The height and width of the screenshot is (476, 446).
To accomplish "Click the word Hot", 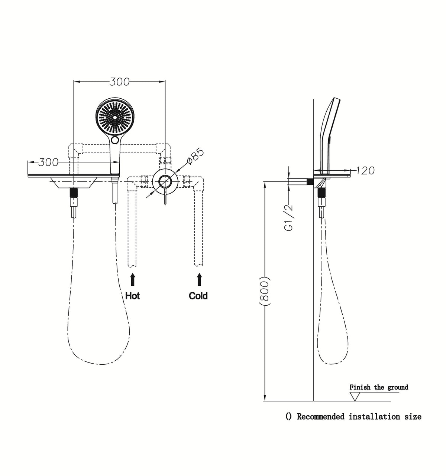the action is click(x=132, y=296).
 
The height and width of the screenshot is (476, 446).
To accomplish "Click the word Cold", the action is click(x=198, y=296).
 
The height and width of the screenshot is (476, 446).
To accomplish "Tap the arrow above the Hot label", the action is click(x=132, y=280).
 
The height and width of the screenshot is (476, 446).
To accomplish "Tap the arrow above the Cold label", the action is click(x=199, y=280).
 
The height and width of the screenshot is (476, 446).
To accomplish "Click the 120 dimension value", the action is click(x=365, y=171).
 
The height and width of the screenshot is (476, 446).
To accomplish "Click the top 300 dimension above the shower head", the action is click(x=119, y=82).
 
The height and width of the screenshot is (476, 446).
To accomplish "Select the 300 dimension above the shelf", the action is click(x=48, y=163).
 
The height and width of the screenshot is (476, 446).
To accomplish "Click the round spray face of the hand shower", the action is click(x=115, y=117).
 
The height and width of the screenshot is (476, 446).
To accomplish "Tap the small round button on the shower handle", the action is click(x=115, y=140).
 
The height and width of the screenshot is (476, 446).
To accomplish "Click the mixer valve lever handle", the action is click(x=165, y=196).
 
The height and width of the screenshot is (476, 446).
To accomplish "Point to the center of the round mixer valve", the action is click(x=165, y=181).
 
